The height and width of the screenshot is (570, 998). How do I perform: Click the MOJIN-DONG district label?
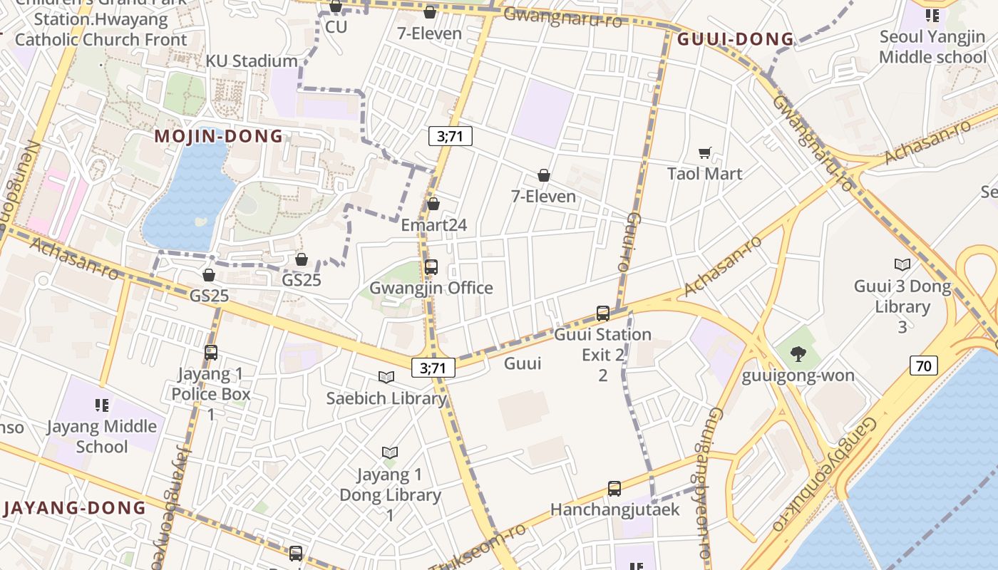click(x=219, y=136)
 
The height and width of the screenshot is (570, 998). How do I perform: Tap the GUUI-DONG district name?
click(x=735, y=39)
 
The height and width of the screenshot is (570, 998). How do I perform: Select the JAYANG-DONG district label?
click(x=74, y=508)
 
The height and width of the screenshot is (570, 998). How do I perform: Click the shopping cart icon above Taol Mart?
click(x=705, y=152)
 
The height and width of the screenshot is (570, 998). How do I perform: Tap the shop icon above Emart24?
click(x=433, y=204)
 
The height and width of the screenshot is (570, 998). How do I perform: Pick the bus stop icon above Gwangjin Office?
click(x=431, y=267)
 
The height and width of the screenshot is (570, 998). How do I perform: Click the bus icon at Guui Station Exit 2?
click(x=603, y=313)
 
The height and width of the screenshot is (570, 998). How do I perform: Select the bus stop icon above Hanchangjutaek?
click(x=614, y=489)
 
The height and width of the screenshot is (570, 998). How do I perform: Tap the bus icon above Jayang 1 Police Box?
click(x=211, y=352)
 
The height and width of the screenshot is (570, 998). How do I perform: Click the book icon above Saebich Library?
click(x=386, y=377)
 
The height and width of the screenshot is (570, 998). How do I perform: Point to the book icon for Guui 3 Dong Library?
click(x=902, y=265)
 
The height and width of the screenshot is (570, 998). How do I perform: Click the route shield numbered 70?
click(x=923, y=366)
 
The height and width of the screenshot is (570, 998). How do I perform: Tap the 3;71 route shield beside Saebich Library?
click(x=433, y=368)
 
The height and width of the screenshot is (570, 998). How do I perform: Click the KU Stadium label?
click(x=252, y=61)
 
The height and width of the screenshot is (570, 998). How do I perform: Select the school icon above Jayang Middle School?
click(x=102, y=405)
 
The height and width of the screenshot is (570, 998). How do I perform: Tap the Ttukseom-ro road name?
click(x=479, y=549)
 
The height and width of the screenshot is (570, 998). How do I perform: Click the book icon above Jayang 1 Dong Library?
click(x=389, y=452)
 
